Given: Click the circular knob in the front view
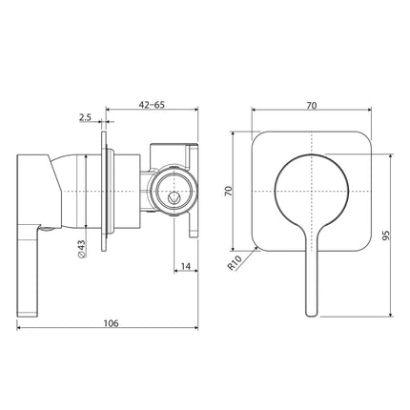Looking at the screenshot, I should [x=310, y=191].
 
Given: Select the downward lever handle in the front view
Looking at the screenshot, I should [x=308, y=277].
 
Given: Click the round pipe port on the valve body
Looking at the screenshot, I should [x=172, y=191].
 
